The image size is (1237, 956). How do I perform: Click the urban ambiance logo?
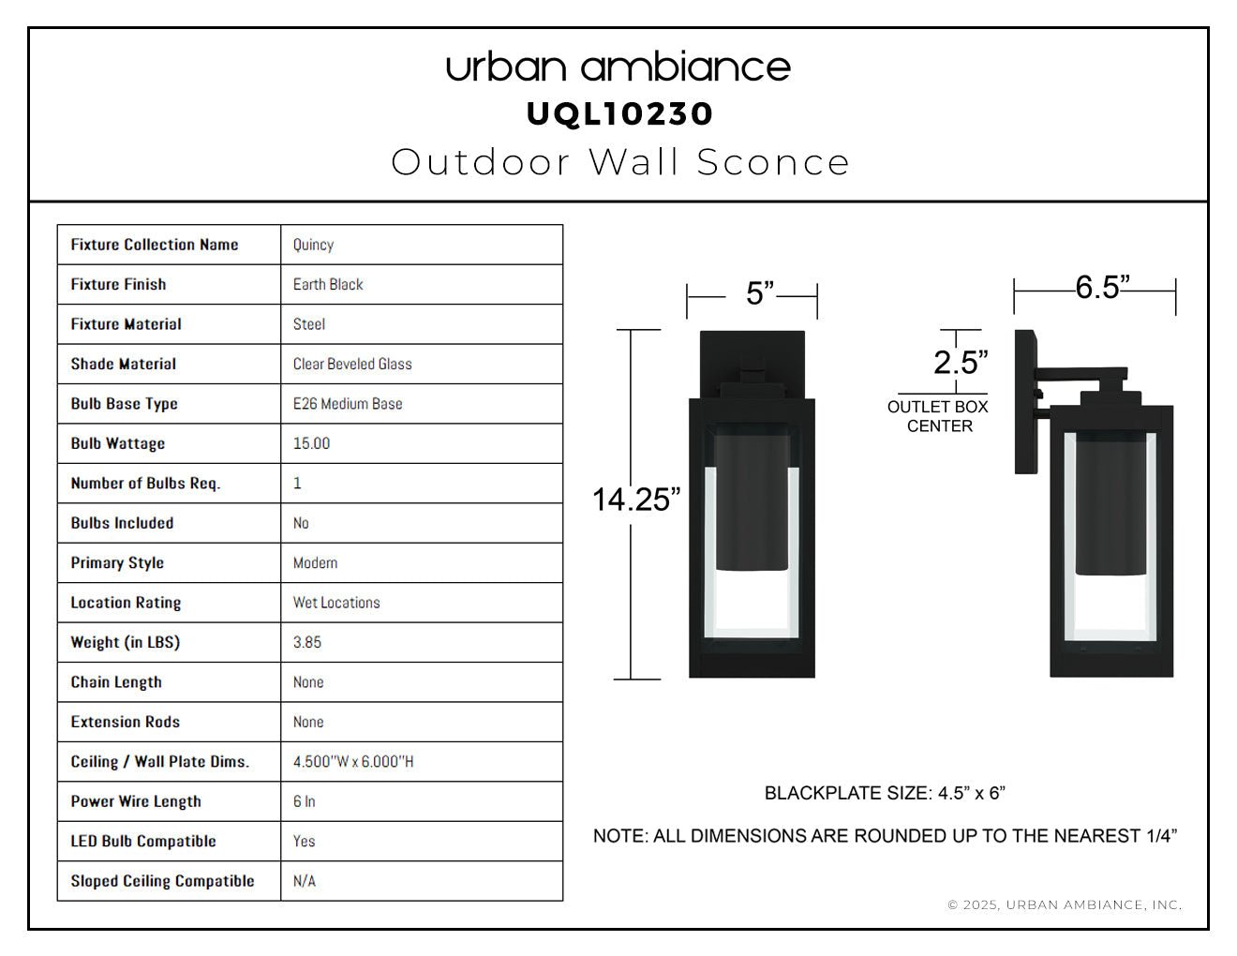point(618,67)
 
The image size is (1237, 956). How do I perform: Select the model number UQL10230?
point(619,114)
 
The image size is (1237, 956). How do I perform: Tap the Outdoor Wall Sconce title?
point(620,162)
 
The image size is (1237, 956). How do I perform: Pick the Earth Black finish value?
point(328,284)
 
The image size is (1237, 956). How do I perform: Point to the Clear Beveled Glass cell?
point(352,364)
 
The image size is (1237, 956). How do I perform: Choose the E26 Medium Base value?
point(348,404)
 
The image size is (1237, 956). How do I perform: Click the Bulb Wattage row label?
point(118,443)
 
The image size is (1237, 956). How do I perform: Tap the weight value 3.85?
point(306,642)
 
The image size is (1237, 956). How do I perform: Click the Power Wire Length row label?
point(136,801)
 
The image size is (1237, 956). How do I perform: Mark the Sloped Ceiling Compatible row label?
point(162,881)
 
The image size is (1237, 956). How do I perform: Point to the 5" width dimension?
point(761,293)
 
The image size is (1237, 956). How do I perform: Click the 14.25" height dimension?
point(636,500)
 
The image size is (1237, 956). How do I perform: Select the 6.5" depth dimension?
point(1102,287)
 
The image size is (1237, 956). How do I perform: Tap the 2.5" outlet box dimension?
point(961,362)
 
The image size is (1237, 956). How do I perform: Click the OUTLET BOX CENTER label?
point(937,416)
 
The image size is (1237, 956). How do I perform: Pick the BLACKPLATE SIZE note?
point(885,793)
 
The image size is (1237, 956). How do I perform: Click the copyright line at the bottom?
point(1065,904)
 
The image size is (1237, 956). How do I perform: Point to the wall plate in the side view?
point(1026,401)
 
